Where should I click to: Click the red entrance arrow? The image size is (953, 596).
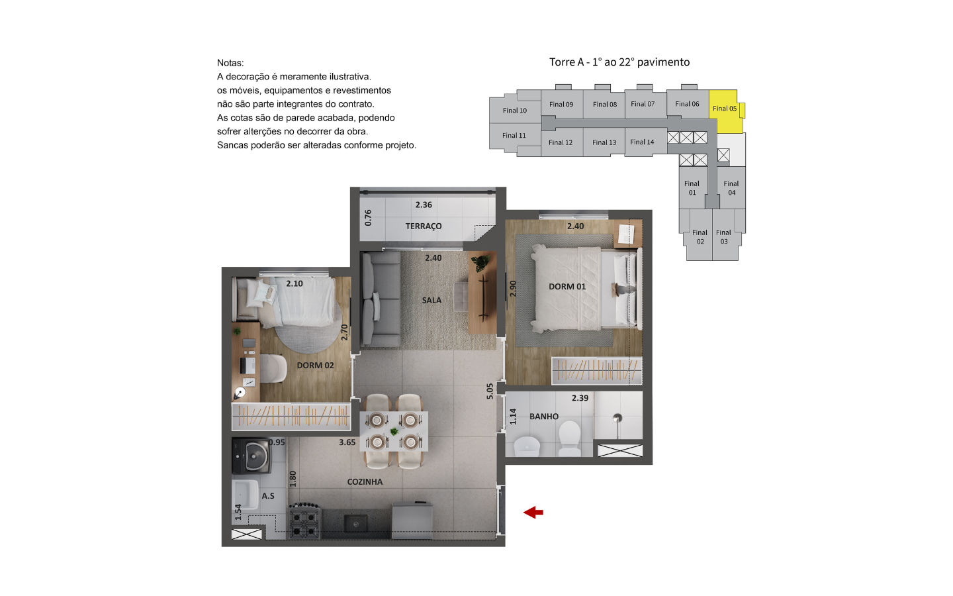pos(533,513)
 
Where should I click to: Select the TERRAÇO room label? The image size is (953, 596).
pos(424,226)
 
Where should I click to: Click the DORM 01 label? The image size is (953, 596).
pos(567,287)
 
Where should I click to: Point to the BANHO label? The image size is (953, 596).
pos(544,417)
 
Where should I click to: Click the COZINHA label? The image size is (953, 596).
pos(365,482)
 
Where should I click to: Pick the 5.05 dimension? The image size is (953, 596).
pos(490,391)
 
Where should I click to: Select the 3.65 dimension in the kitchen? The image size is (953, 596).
pos(347,442)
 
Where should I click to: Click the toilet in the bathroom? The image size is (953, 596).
pos(569,438)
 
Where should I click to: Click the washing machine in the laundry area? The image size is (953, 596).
pos(251,456)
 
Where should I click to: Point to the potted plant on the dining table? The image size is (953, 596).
pos(394,432)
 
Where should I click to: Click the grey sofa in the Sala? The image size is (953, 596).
pos(381,299)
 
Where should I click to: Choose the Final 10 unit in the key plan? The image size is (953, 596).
pos(515,111)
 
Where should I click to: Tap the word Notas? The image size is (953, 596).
pos(230,63)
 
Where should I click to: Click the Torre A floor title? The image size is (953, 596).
pos(619,62)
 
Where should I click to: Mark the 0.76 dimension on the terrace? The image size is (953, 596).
pos(369,217)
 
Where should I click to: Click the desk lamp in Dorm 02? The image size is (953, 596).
pos(240,393)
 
